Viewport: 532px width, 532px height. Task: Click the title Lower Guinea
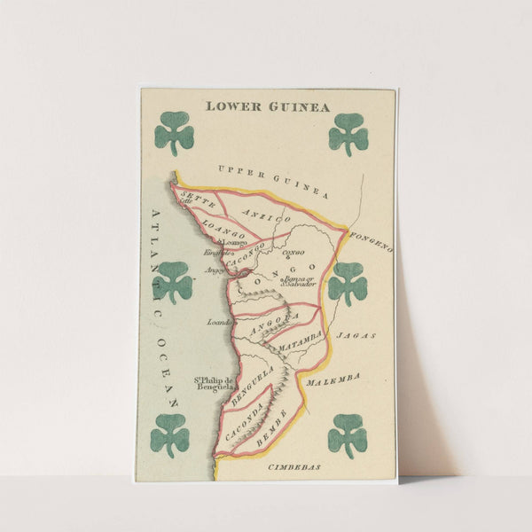point(267,106)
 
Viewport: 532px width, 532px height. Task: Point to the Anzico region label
point(266,216)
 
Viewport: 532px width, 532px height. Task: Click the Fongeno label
point(371,241)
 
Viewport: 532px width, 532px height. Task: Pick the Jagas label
point(356,335)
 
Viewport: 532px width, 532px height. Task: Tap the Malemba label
point(333,379)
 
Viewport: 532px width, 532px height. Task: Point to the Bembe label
point(271,426)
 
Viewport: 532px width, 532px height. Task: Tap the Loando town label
point(220,323)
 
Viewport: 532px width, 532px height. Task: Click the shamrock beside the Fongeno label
point(348,284)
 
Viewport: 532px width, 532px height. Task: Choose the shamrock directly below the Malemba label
point(348,434)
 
